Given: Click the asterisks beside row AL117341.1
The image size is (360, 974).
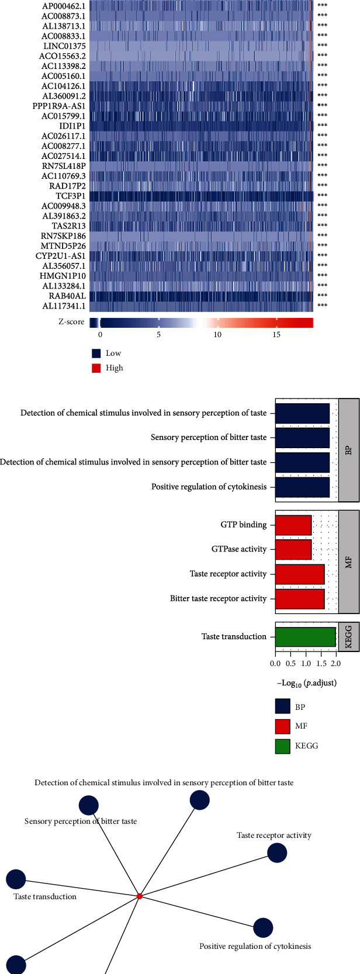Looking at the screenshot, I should pos(322,306).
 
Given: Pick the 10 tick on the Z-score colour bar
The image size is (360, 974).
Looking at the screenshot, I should pos(217,334).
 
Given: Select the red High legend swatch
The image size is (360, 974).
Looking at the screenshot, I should pos(97,368).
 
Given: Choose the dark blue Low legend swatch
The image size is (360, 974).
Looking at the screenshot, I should pos(97,353).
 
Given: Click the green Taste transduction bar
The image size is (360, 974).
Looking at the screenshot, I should pos(305,637).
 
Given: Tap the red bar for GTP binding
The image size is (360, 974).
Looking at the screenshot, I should pos(293,525).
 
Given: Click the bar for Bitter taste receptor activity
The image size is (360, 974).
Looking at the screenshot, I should pos(299,599).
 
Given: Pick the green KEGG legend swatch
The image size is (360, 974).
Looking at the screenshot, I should pos(282,746).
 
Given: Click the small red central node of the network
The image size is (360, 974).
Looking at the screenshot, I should pos(139,896).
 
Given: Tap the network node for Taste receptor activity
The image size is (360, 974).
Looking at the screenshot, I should pos(277,853).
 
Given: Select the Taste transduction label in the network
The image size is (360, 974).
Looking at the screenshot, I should pos(45,896).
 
